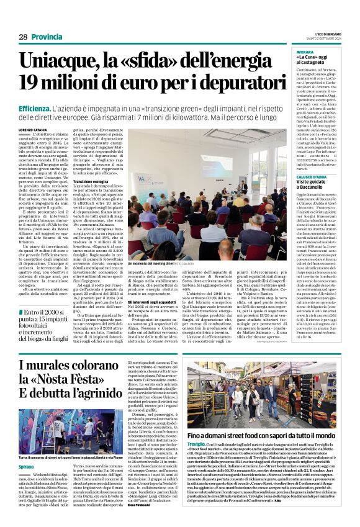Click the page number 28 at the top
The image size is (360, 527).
[23, 37]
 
